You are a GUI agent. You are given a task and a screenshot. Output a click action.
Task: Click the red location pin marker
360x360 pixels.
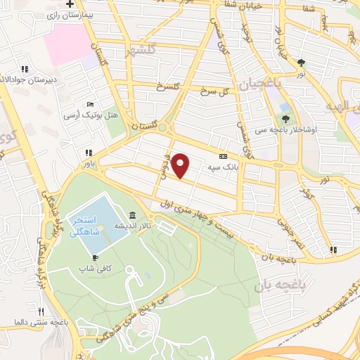181,165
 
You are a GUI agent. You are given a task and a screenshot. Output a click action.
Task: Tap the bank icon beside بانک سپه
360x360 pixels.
224,156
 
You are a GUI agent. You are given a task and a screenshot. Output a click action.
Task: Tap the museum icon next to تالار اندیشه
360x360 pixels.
134,215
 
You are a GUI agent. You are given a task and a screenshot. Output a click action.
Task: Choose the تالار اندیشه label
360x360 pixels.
131,226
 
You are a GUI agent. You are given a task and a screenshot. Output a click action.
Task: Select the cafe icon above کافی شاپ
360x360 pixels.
83,257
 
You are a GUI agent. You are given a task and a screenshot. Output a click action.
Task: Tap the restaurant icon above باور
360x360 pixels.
88,153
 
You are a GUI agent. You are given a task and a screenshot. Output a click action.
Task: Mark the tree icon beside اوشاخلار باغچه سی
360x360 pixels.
285,119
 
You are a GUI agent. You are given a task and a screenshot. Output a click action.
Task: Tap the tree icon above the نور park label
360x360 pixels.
301,61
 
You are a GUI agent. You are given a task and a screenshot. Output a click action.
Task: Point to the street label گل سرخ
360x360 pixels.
216,92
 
